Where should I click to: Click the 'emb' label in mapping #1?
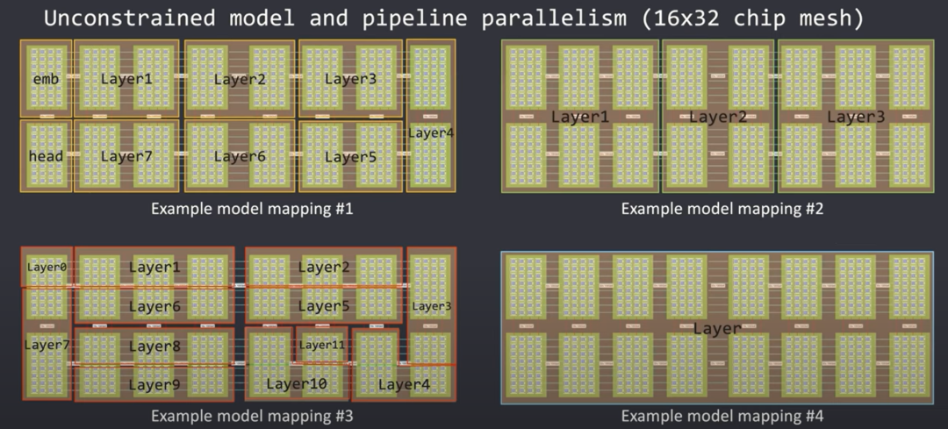[x=46, y=79]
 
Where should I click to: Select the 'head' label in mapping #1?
[x=46, y=156]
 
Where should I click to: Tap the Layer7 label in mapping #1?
[x=126, y=156]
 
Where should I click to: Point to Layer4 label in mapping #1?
[x=431, y=133]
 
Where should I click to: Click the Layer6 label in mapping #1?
[x=240, y=156]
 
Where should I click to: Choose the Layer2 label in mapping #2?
[x=718, y=117]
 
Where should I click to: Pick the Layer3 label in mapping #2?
[x=856, y=117]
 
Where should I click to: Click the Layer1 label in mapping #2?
[x=579, y=117]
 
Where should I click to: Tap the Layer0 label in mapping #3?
[x=47, y=267]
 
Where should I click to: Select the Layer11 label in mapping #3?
[x=322, y=345]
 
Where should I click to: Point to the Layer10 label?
[x=297, y=383]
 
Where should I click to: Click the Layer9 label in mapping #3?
[x=154, y=384]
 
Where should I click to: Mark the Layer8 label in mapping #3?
[x=154, y=346]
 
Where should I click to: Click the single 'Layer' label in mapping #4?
[x=717, y=328]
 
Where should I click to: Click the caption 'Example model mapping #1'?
[x=252, y=209]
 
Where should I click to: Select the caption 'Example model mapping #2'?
[x=722, y=209]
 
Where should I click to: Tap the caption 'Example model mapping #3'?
[x=252, y=416]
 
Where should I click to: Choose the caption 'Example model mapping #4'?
[x=722, y=416]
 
